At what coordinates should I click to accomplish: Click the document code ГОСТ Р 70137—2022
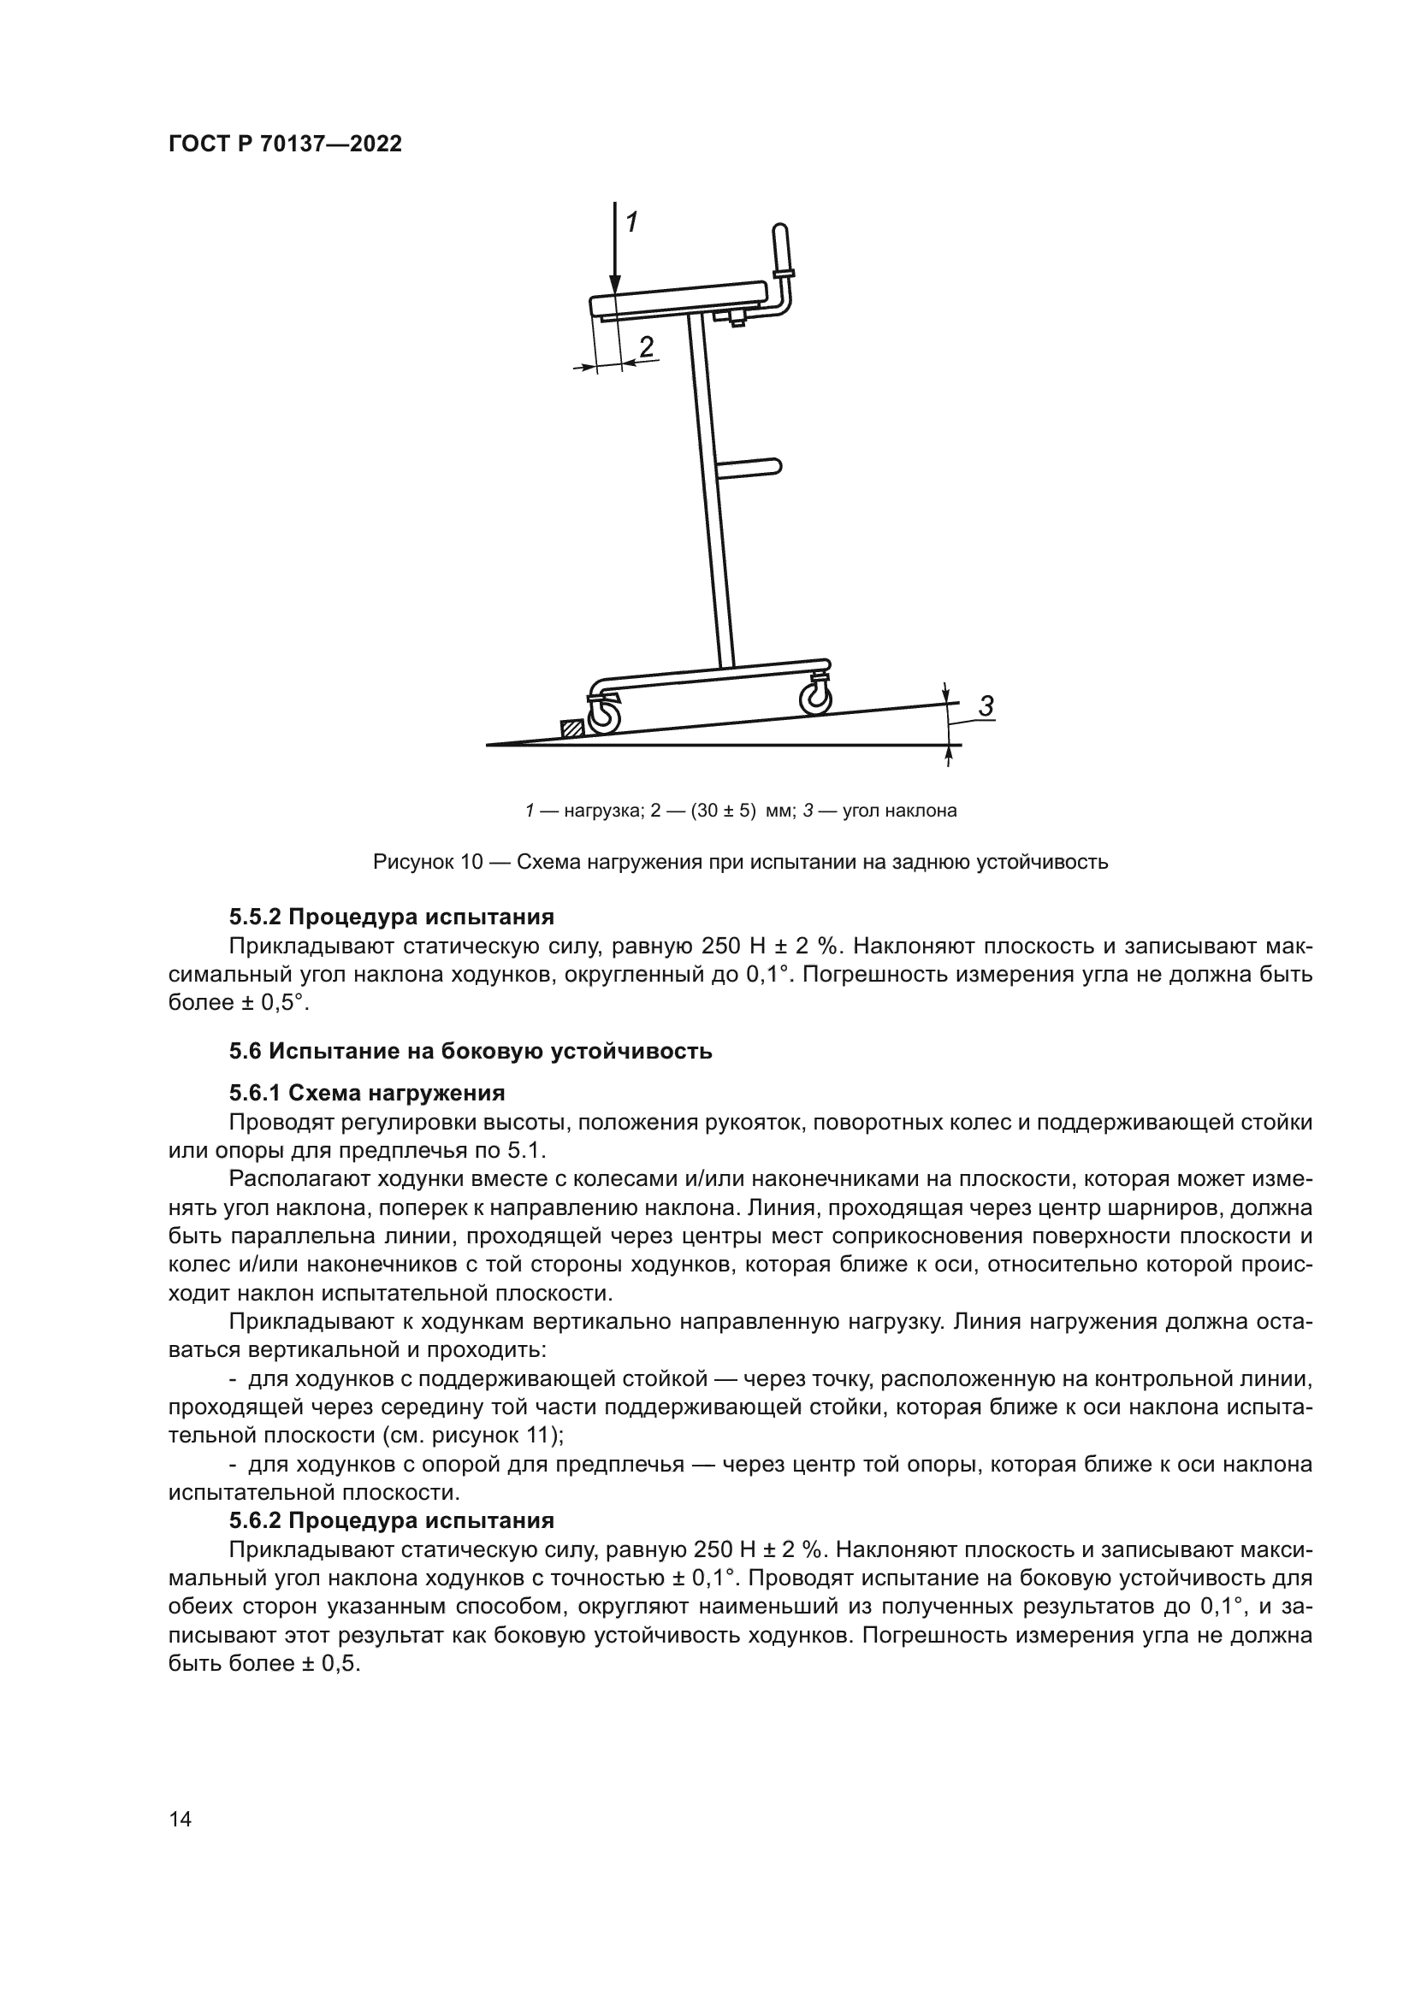point(285,145)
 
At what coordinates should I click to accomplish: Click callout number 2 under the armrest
point(646,347)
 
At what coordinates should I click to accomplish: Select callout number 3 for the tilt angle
point(986,706)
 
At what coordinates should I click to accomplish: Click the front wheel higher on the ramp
point(816,699)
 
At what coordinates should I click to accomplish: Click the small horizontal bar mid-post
point(750,468)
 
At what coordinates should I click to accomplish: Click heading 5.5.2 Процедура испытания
point(391,917)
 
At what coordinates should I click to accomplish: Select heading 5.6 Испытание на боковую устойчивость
point(471,1052)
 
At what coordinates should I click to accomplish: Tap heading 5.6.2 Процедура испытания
point(391,1521)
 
